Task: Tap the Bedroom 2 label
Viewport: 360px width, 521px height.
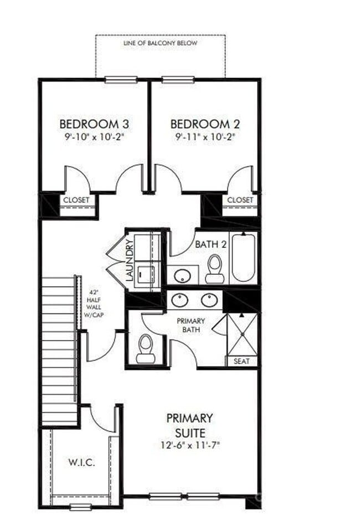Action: click(205, 123)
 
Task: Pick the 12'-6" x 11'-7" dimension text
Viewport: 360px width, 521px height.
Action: click(189, 444)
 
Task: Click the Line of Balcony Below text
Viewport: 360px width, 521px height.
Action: click(160, 43)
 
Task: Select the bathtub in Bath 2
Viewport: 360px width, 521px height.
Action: click(243, 257)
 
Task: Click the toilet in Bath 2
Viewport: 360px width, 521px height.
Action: click(214, 269)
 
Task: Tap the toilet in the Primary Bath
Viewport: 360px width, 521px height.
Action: click(146, 349)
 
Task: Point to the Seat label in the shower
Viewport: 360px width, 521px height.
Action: click(242, 361)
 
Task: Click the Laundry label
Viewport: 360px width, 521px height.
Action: click(130, 260)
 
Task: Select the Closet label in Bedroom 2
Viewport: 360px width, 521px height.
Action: click(240, 199)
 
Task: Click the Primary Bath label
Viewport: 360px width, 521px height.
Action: click(191, 325)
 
